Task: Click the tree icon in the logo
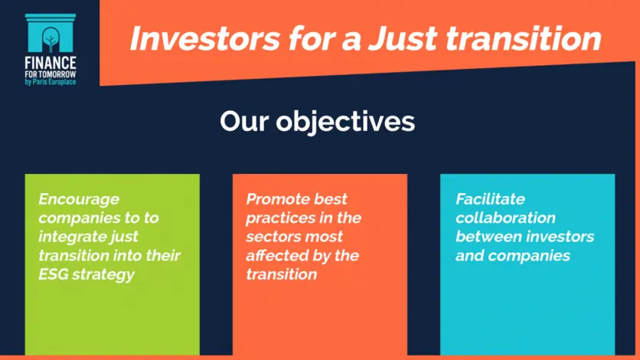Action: tap(51, 40)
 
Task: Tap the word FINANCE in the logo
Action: tap(51, 63)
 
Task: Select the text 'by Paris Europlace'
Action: tap(51, 82)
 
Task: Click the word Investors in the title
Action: tap(205, 38)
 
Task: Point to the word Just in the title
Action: tap(402, 38)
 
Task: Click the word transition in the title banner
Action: tap(524, 38)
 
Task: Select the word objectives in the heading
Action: tap(345, 122)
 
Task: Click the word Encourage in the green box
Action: tap(79, 200)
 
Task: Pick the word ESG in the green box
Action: tap(53, 274)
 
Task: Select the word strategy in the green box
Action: tap(103, 275)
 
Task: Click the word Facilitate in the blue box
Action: tap(490, 199)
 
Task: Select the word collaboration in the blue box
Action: tap(506, 218)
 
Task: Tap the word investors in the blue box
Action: tap(560, 237)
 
